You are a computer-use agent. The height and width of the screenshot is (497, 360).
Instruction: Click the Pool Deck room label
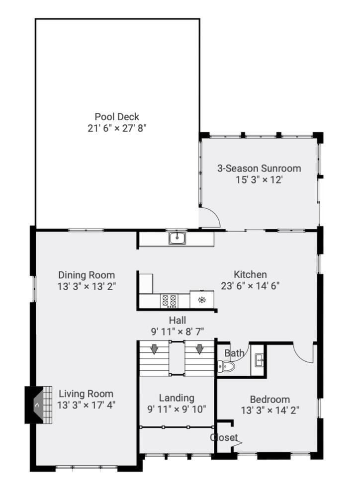[117, 117]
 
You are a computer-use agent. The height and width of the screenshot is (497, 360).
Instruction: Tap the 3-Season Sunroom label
[259, 168]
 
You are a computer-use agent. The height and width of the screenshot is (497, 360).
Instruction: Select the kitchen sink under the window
[178, 238]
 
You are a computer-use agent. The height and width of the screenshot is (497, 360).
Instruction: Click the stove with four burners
[169, 301]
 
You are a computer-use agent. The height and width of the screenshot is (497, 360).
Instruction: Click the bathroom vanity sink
[259, 360]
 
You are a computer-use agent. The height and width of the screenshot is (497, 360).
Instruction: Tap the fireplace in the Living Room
[38, 405]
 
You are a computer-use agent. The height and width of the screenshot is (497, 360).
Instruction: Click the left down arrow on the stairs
[154, 349]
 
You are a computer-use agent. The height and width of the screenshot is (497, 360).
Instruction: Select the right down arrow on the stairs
[199, 349]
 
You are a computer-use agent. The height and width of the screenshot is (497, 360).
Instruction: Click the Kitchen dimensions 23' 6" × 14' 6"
[250, 286]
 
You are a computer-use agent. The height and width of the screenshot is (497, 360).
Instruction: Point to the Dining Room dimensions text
[87, 287]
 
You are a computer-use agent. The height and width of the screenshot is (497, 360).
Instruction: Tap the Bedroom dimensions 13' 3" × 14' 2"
[270, 411]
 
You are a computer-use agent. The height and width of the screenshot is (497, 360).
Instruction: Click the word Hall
[178, 320]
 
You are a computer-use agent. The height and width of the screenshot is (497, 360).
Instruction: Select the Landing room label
[177, 398]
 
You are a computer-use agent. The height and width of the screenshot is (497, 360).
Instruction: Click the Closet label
[224, 437]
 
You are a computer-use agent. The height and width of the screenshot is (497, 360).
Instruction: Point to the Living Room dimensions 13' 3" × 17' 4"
[87, 405]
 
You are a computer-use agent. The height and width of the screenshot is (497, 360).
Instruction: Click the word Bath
[234, 353]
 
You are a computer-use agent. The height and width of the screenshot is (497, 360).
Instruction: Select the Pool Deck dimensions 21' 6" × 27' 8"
[117, 128]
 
